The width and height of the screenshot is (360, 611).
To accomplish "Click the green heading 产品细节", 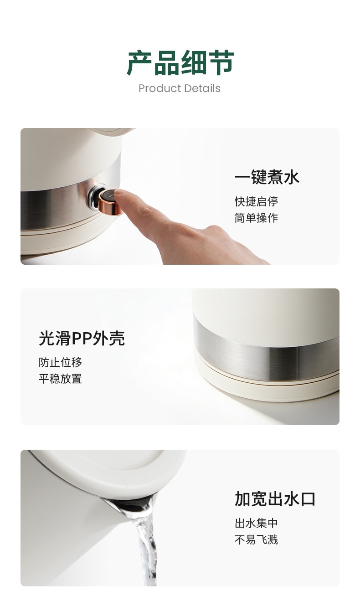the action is [180, 63].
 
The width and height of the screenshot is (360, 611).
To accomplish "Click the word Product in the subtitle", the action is [160, 88].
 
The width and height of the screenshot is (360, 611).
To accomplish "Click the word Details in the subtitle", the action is [202, 88].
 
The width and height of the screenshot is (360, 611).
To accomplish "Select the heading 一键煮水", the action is [267, 177].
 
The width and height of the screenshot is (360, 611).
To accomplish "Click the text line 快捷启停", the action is [256, 201].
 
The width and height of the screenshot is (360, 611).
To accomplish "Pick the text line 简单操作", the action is [256, 218].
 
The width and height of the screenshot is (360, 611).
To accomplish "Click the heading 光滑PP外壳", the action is [82, 338].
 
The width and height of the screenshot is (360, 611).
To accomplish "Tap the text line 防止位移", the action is [60, 362].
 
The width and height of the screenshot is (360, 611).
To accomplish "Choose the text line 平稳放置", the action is [60, 379].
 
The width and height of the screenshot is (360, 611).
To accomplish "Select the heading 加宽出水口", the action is [275, 499].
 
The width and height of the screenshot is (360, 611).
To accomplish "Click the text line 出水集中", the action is [256, 523].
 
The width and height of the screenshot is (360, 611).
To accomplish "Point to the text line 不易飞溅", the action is [256, 539].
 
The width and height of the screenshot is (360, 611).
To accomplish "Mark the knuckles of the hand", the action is [216, 232].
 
